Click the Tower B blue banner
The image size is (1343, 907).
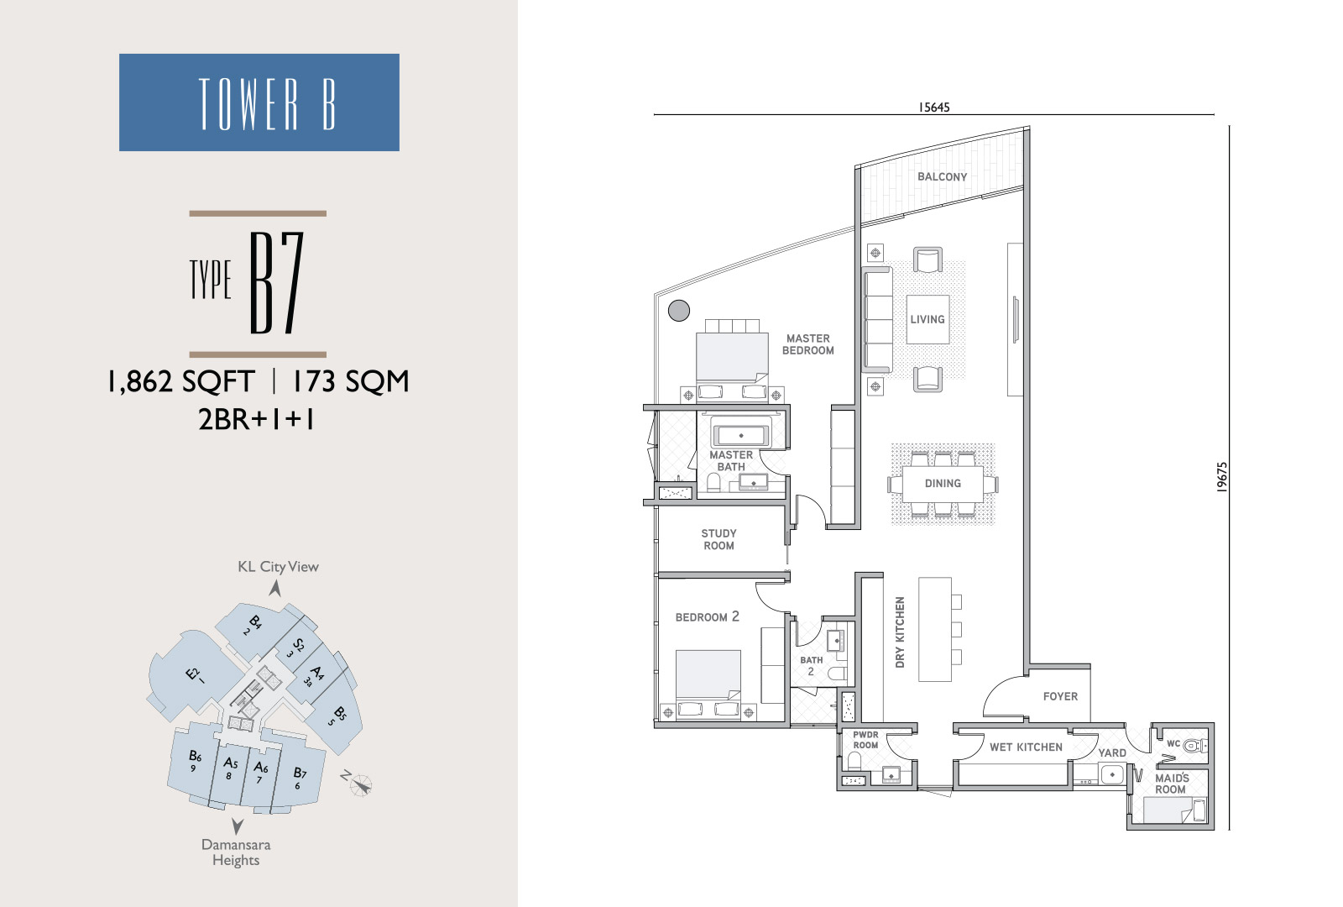pyautogui.click(x=259, y=102)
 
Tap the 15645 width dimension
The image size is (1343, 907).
pyautogui.click(x=934, y=107)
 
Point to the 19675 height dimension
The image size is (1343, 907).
pyautogui.click(x=1222, y=477)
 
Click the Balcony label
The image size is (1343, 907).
pyautogui.click(x=942, y=177)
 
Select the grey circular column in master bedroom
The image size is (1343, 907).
pyautogui.click(x=679, y=310)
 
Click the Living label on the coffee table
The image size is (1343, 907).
pyautogui.click(x=928, y=320)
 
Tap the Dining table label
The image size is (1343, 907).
pyautogui.click(x=943, y=484)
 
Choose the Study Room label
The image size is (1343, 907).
pyautogui.click(x=719, y=539)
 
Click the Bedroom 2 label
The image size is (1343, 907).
pyautogui.click(x=708, y=616)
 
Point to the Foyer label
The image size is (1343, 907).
pyautogui.click(x=1060, y=696)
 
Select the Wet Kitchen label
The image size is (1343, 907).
pyautogui.click(x=1026, y=747)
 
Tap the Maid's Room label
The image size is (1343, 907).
pyautogui.click(x=1172, y=784)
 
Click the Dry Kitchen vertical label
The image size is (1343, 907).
pyautogui.click(x=899, y=632)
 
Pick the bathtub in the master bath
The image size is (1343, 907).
pyautogui.click(x=741, y=435)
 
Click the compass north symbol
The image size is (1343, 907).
pyautogui.click(x=360, y=784)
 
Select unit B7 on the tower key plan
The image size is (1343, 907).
pyautogui.click(x=300, y=776)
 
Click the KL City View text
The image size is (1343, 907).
pyautogui.click(x=278, y=567)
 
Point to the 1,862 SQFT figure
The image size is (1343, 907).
pyautogui.click(x=181, y=381)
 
